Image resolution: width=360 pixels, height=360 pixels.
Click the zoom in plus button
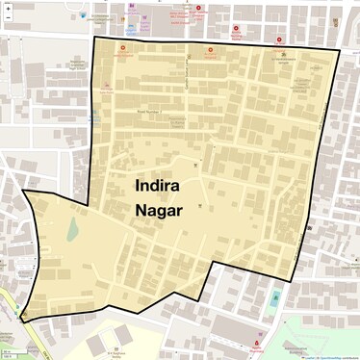point(8,8)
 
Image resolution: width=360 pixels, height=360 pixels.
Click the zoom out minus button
point(8,18)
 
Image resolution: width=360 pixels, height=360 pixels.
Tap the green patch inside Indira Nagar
point(73,228)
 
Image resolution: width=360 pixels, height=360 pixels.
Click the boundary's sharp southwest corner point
point(20,319)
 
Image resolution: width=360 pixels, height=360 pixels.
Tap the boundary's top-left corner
point(93,38)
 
